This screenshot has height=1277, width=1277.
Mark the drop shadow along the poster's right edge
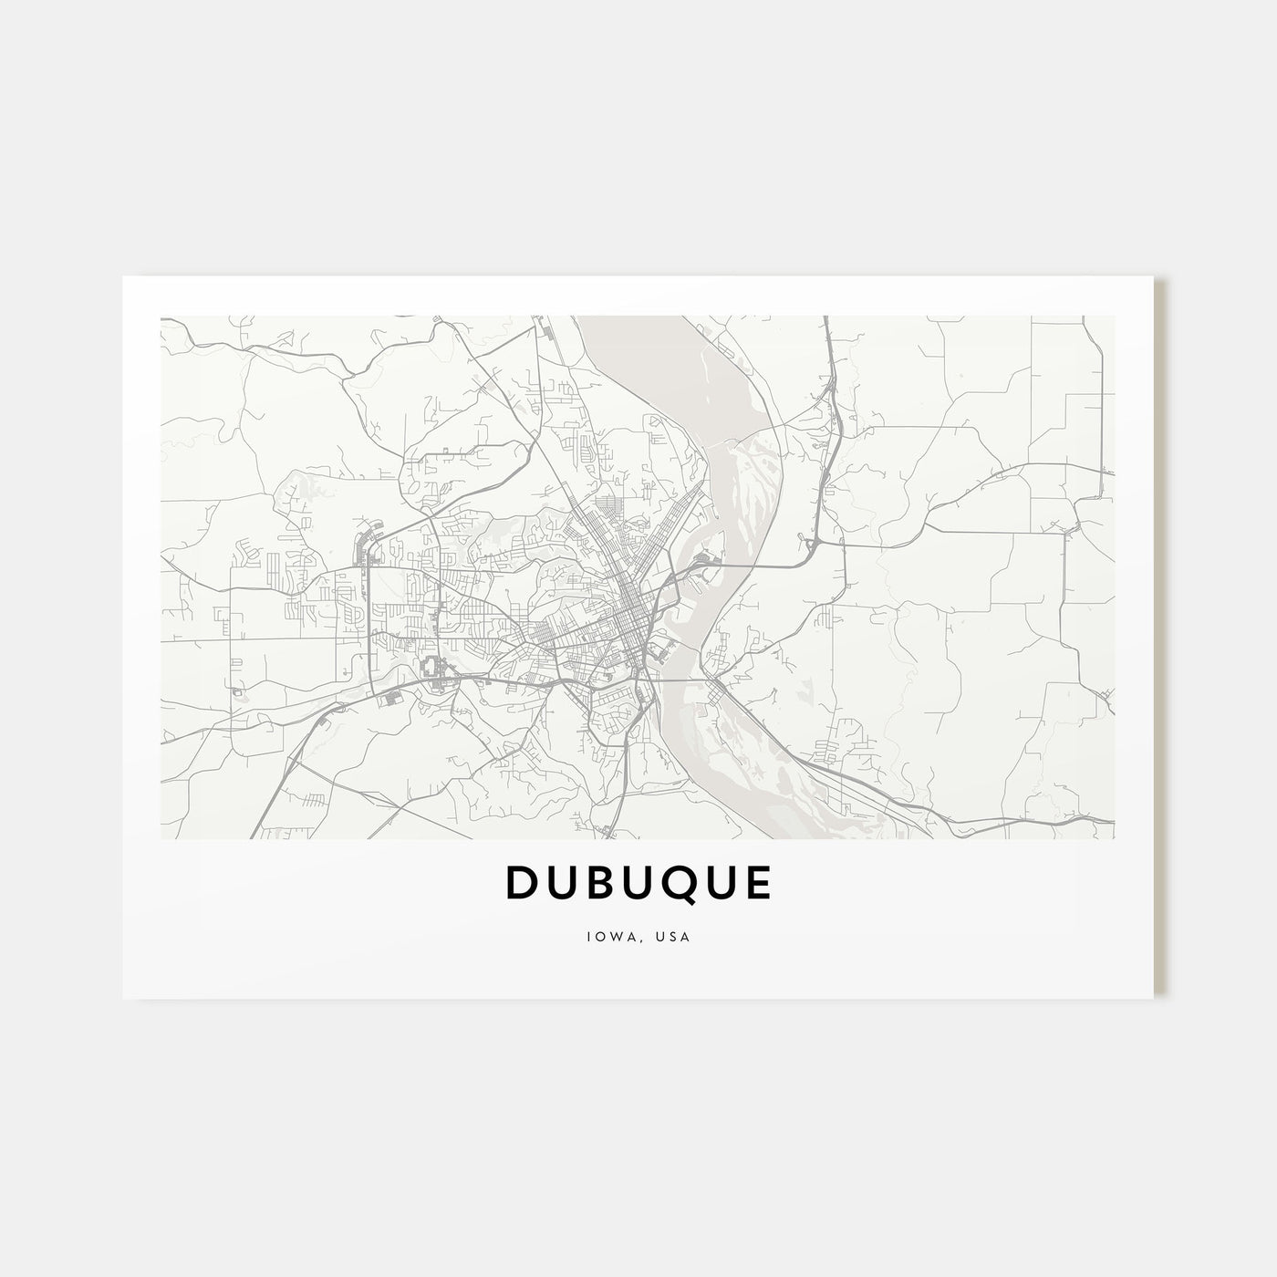pyautogui.click(x=1160, y=638)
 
